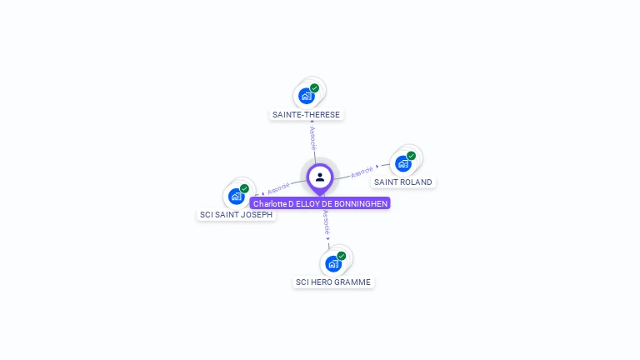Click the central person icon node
(320, 177)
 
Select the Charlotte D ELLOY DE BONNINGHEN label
(320, 203)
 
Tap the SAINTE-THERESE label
(307, 114)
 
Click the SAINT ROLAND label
(403, 182)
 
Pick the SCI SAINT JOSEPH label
(236, 214)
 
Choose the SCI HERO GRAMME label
(333, 282)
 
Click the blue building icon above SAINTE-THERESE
(306, 96)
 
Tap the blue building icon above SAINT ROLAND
(403, 163)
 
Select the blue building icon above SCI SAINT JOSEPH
(236, 197)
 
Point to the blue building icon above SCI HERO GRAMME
(333, 264)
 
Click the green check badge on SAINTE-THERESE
(314, 87)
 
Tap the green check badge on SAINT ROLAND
(411, 156)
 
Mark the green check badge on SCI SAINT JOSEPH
(244, 188)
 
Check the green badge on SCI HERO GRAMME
(342, 256)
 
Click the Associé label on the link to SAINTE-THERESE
(312, 137)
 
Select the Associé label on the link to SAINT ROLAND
(362, 172)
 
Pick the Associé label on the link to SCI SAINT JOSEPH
(278, 188)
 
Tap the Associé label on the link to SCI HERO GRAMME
(327, 222)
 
